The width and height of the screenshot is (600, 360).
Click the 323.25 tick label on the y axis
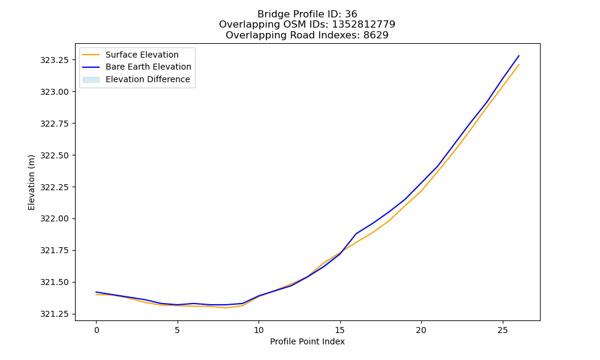click(55, 60)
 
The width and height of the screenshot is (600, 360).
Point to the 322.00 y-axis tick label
click(55, 219)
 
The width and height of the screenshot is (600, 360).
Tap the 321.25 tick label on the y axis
click(55, 314)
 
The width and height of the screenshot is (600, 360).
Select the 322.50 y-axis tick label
click(55, 155)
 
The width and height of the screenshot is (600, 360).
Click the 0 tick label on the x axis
click(96, 330)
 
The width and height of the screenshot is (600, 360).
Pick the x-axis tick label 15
click(340, 330)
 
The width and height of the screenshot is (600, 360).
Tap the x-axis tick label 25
click(502, 330)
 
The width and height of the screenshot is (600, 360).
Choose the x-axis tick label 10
click(259, 330)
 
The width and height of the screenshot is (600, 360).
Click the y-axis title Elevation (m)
click(31, 182)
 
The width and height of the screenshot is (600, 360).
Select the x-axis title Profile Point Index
click(307, 341)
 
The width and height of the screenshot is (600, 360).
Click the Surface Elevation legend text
click(142, 55)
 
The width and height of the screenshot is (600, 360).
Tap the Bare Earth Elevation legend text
click(148, 67)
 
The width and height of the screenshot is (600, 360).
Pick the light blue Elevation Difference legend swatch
click(91, 80)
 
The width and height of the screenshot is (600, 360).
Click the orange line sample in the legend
click(91, 55)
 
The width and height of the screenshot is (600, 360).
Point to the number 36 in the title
click(351, 14)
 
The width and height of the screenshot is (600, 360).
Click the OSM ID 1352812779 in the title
click(364, 25)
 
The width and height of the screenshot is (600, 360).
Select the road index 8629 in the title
click(376, 35)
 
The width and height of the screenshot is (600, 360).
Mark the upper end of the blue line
click(519, 56)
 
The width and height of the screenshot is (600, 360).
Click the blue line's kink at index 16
click(356, 233)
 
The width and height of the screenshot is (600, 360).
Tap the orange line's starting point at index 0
click(96, 295)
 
